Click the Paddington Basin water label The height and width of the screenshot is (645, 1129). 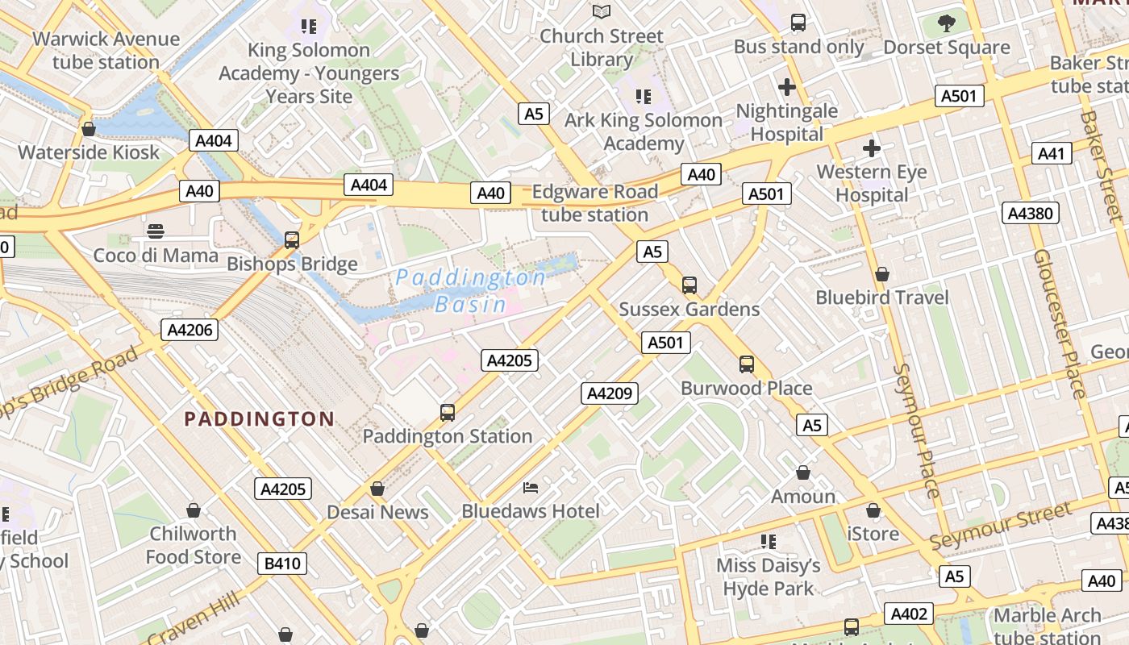tap(470, 291)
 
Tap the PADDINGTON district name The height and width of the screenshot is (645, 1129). tap(259, 418)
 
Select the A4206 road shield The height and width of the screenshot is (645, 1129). tap(190, 329)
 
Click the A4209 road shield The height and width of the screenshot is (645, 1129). tap(610, 393)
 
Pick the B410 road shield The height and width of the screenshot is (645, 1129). tap(283, 563)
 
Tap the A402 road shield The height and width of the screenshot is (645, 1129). tap(909, 614)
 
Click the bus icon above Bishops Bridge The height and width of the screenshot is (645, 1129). tap(292, 239)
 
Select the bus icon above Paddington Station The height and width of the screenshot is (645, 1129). tap(447, 412)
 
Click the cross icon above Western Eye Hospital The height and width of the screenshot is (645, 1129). tap(871, 148)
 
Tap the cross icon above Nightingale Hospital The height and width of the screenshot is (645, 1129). tap(787, 87)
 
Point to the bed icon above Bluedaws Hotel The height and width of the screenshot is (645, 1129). tap(531, 487)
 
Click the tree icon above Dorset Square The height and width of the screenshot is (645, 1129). tap(947, 23)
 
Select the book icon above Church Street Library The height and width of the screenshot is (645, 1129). tap(602, 11)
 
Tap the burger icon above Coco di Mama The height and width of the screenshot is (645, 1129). tap(156, 231)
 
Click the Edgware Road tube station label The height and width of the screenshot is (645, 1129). tap(595, 203)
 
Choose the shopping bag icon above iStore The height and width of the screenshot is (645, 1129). tap(873, 510)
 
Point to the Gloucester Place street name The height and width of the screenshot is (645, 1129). tap(1060, 322)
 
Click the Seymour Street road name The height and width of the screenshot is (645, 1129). tap(1002, 525)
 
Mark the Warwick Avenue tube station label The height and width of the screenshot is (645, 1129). tap(106, 50)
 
